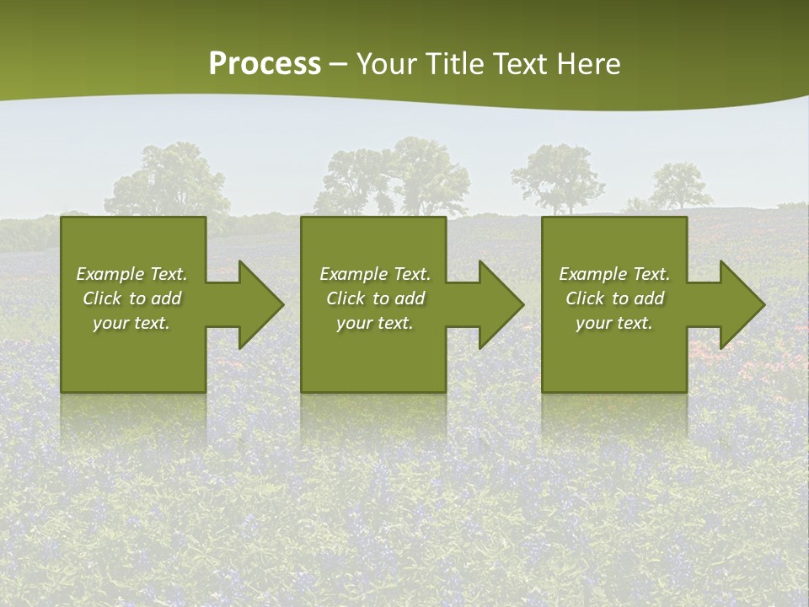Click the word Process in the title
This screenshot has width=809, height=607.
coord(265,64)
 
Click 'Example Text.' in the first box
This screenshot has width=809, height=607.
coord(131,274)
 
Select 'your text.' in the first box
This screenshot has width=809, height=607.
coord(131,323)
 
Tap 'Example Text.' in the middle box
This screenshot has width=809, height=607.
coord(375,274)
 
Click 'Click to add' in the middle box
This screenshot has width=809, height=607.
coord(375,298)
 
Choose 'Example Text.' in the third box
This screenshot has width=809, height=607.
coord(614,274)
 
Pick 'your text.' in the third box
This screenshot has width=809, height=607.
coord(614,323)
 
